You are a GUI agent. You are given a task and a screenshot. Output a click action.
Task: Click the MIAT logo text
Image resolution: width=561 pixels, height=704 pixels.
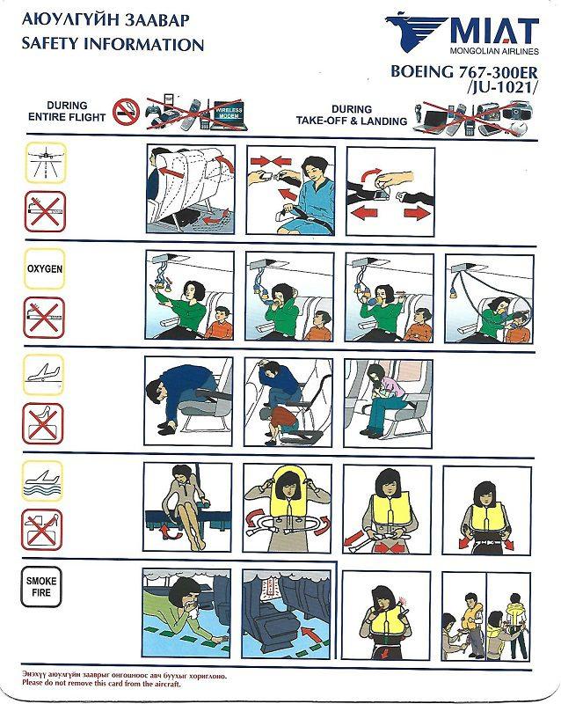point(492,32)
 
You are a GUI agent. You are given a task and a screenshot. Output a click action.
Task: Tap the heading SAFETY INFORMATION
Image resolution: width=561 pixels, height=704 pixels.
point(112,44)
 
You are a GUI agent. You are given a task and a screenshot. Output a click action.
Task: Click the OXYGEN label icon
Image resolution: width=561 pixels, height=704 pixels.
point(44,269)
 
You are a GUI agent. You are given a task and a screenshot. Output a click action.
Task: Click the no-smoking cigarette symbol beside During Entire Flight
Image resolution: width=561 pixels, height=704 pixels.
point(128,110)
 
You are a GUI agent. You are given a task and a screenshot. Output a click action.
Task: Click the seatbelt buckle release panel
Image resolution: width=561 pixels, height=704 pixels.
point(390,190)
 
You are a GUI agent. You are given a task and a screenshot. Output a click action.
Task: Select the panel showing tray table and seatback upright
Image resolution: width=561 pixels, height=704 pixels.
point(189,190)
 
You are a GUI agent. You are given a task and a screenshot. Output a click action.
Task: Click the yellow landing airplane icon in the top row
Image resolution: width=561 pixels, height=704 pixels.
point(44,164)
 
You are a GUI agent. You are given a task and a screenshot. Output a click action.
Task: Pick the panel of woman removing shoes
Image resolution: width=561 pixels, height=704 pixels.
point(187,509)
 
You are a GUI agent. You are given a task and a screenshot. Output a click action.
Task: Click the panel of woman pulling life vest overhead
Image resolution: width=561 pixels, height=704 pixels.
point(287,509)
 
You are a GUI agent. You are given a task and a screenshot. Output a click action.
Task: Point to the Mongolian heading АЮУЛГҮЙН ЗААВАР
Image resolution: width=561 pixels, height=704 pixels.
point(99,18)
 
